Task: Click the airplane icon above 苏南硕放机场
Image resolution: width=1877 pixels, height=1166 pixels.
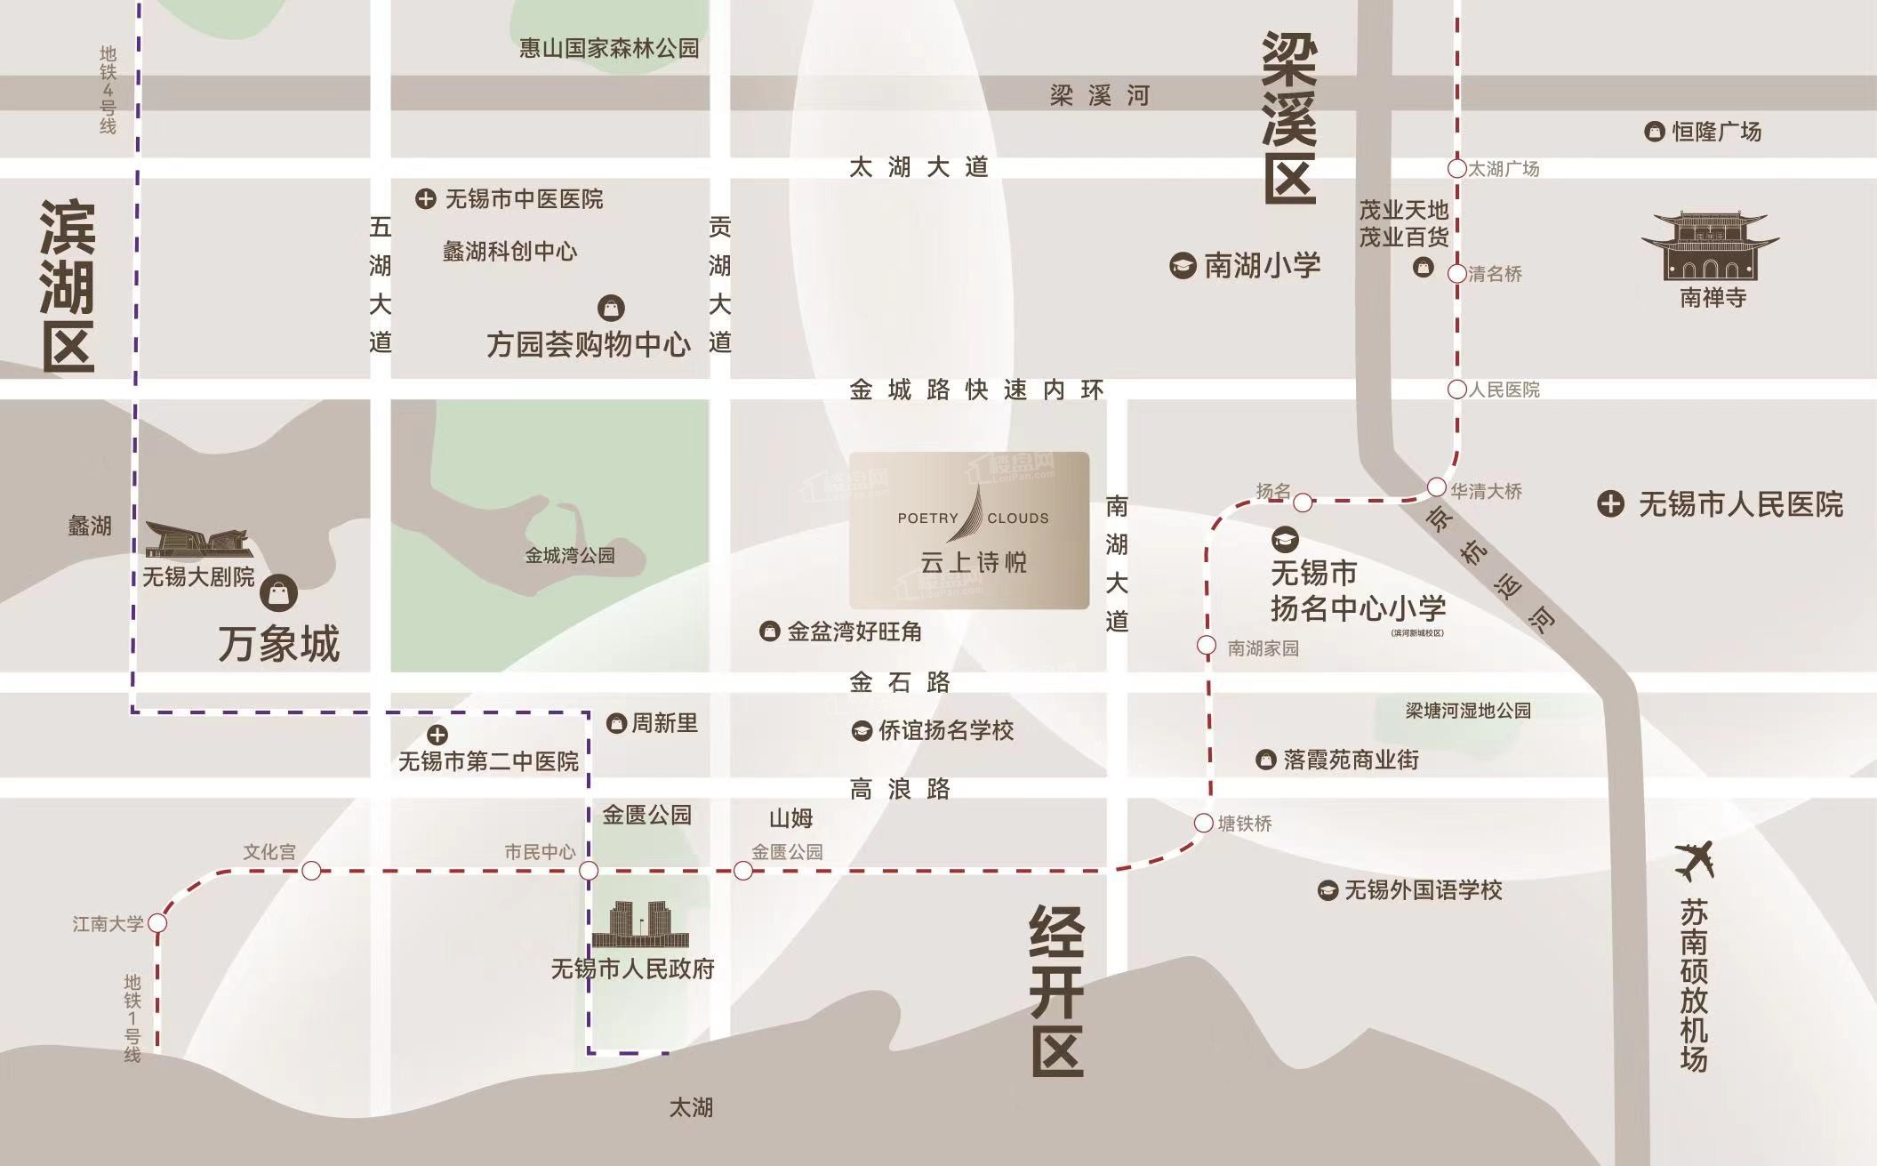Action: (x=1694, y=861)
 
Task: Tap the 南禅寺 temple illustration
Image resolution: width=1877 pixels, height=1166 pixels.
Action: (x=1710, y=248)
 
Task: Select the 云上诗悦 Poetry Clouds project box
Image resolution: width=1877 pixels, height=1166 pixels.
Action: (x=969, y=531)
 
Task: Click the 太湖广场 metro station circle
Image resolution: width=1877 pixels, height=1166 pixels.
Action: (x=1456, y=168)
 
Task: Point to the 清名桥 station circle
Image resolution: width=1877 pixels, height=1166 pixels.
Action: (x=1456, y=274)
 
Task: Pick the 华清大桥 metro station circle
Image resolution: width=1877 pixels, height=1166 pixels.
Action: (x=1437, y=487)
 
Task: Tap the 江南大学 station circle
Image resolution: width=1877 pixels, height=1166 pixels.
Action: (x=157, y=923)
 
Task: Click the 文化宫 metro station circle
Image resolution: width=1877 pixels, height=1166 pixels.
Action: (x=311, y=871)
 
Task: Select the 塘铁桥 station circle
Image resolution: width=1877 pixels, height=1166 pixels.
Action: (x=1203, y=824)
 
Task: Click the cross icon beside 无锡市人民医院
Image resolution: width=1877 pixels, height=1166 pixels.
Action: (x=1610, y=504)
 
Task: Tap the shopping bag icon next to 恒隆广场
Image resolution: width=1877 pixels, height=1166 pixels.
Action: (x=1654, y=132)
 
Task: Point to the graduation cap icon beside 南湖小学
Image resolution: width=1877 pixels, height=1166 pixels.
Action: (x=1182, y=265)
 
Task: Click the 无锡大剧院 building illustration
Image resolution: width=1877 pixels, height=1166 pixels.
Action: (x=199, y=540)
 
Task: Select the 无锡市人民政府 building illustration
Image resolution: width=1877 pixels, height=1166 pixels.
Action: (x=640, y=925)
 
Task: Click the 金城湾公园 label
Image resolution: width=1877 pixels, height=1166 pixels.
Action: (x=570, y=556)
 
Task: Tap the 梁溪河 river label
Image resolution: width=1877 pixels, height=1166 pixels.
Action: (x=1100, y=95)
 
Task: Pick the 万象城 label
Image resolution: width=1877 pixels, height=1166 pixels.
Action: (x=279, y=643)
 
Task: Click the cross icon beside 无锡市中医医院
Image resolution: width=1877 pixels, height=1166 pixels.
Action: (x=426, y=199)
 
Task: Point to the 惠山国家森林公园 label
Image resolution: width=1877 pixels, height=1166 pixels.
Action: (x=609, y=48)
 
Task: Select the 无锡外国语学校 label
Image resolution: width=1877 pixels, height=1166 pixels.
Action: (x=1423, y=890)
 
